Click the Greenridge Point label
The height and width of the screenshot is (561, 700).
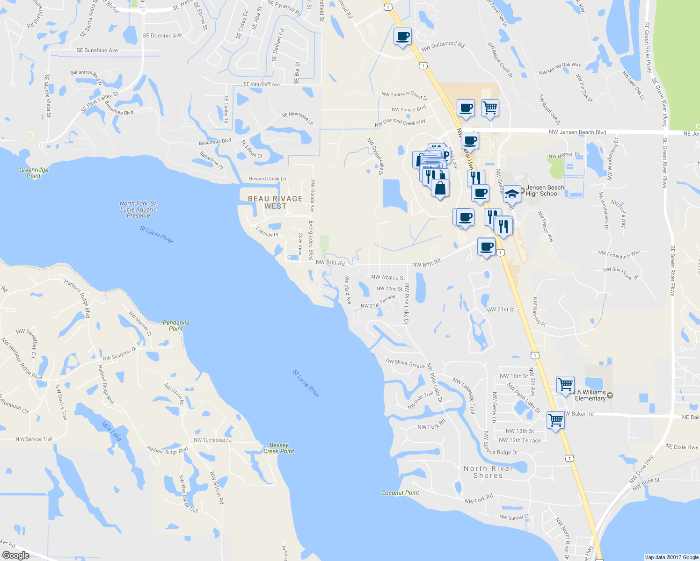(x=34, y=173)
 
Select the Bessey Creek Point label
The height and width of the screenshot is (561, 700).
(x=279, y=448)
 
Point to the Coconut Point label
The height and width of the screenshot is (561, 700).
(x=400, y=493)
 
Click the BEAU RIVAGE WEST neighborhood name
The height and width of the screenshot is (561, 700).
(x=275, y=202)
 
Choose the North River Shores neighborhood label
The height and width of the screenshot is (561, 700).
(x=488, y=472)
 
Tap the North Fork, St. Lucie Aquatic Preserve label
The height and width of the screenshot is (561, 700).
(x=139, y=209)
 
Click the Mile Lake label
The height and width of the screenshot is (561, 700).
(x=111, y=431)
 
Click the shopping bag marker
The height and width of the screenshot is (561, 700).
(x=440, y=187)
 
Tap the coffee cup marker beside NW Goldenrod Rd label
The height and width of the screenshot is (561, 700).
(x=402, y=36)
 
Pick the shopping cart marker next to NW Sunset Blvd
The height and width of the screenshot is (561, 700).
(x=490, y=108)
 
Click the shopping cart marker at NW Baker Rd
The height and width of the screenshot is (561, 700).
(x=555, y=420)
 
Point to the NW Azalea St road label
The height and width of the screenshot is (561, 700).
(x=388, y=277)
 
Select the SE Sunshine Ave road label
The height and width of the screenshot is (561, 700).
(x=97, y=50)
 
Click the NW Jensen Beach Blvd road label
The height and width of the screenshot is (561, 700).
(x=577, y=132)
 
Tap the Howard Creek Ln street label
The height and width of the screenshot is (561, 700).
(x=267, y=179)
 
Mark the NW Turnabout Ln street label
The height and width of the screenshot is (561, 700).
(x=212, y=440)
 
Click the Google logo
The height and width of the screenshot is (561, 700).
(x=16, y=555)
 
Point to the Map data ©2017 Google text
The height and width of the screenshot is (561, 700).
(x=671, y=557)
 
